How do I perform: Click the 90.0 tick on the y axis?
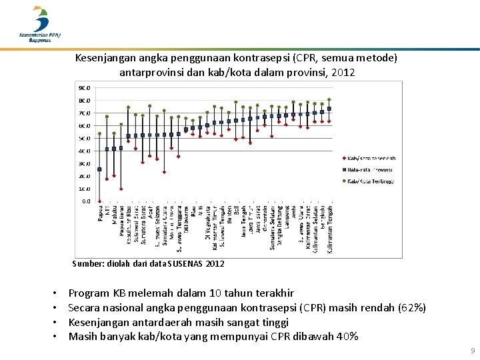pos(85,87)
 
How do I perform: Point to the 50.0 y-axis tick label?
pos(85,138)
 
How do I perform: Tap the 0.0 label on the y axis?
pos(87,201)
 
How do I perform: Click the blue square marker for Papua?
pos(99,169)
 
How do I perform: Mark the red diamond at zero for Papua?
pos(99,201)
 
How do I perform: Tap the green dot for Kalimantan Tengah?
pos(329,100)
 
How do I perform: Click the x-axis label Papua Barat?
pos(121,221)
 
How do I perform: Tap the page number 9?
pos(472,350)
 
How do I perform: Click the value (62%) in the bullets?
pos(413,307)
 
